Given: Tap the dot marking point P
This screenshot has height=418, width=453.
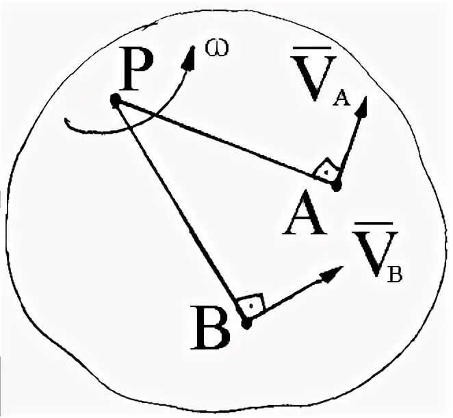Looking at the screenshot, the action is click(x=115, y=101).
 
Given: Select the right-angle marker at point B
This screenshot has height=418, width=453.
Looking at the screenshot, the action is click(x=250, y=304).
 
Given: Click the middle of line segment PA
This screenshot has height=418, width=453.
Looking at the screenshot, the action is click(x=225, y=143).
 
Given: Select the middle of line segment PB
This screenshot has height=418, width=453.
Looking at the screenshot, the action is click(x=181, y=210).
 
